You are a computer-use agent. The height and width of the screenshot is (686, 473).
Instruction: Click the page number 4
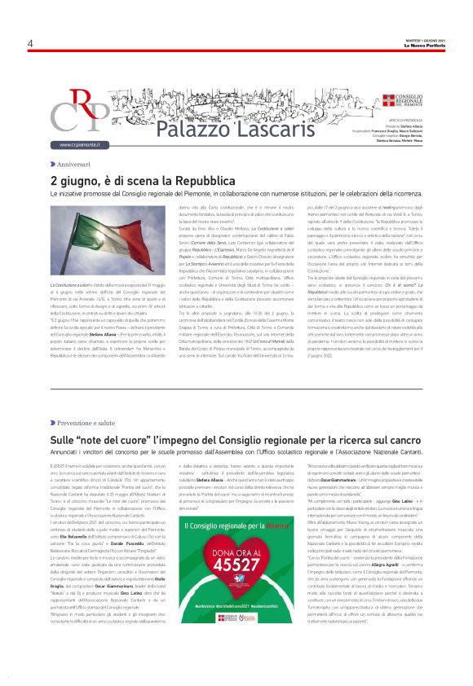click(30, 43)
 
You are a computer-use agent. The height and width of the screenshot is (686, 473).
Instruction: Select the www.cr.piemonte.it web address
click(78, 145)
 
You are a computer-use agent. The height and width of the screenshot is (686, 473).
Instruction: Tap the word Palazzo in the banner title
click(187, 128)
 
